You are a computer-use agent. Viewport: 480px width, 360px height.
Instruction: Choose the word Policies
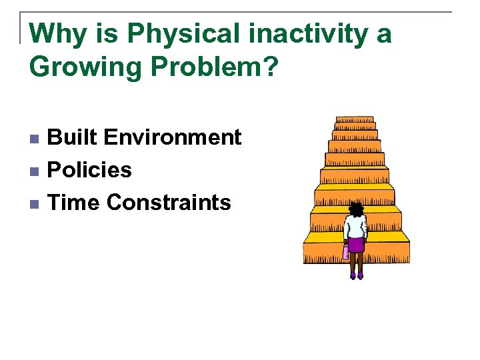[x=90, y=170]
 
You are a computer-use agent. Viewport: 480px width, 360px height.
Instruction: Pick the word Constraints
[x=169, y=202]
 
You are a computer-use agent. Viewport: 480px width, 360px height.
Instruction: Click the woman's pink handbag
[x=345, y=251]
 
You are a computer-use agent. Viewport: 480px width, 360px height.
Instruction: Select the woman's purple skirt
[x=357, y=245]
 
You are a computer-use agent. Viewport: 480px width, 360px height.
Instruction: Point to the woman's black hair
[x=357, y=210]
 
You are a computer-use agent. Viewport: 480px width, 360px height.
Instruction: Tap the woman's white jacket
[x=356, y=227]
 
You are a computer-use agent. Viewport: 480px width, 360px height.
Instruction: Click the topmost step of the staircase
[x=355, y=121]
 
